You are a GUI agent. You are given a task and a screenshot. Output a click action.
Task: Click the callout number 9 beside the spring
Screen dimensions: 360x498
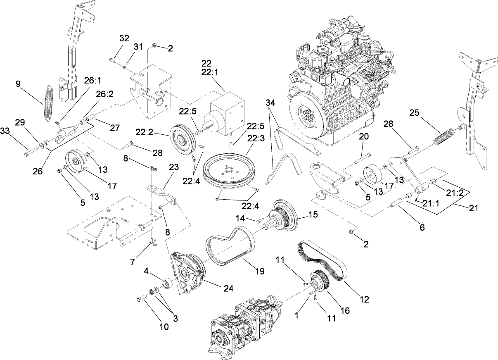coord(18,84)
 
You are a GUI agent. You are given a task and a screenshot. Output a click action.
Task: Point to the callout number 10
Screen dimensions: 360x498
coord(164,327)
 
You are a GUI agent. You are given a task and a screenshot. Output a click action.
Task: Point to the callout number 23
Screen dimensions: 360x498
coord(174,167)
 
